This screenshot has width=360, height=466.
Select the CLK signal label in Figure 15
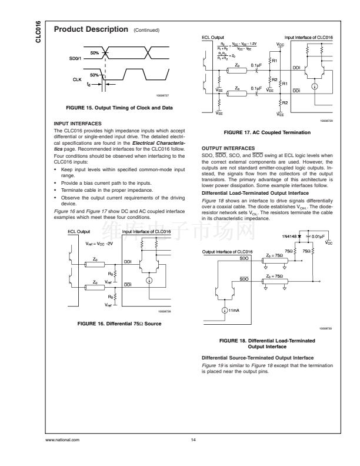(x=77, y=81)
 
